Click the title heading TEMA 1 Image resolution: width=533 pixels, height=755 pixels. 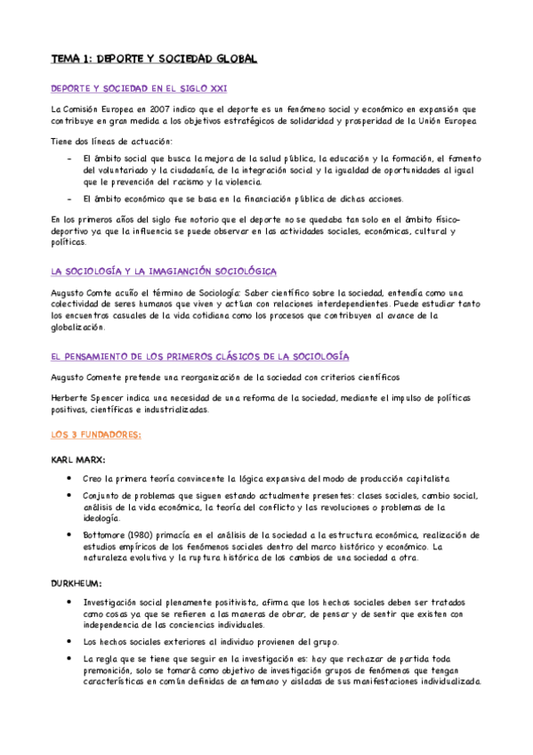(153, 59)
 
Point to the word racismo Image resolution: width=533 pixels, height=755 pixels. (195, 181)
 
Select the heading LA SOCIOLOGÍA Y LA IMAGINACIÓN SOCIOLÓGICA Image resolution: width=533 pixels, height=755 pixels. (164, 271)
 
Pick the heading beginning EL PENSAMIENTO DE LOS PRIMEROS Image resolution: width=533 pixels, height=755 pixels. (199, 356)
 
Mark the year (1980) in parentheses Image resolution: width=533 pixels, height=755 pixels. (149, 534)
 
